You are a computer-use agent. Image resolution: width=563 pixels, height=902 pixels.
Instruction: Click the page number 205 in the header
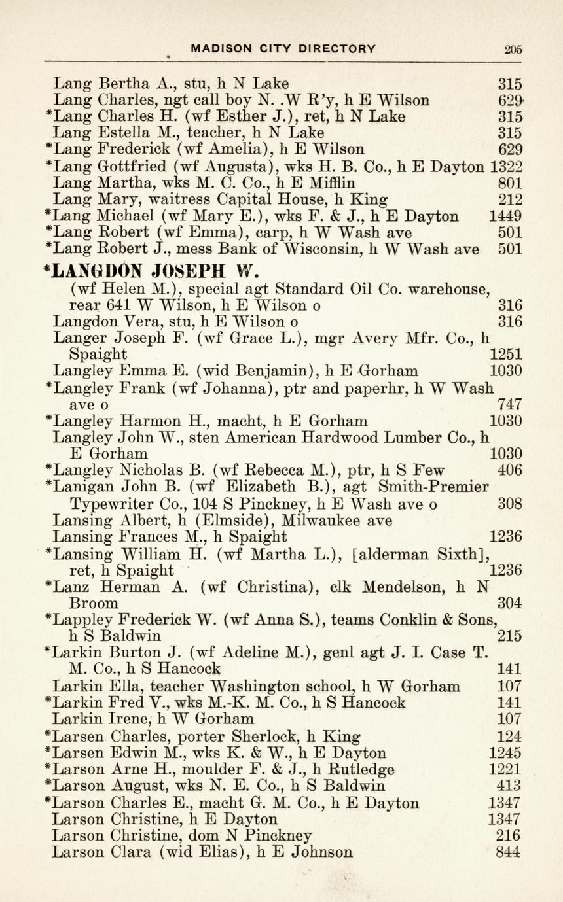(x=513, y=48)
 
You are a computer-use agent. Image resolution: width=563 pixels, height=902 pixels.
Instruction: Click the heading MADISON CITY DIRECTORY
(x=283, y=48)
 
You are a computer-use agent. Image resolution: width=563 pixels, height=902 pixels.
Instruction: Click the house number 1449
(x=506, y=216)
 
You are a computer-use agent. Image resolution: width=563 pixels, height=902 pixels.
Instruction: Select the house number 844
(x=509, y=852)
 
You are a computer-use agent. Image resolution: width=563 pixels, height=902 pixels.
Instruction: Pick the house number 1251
(x=506, y=355)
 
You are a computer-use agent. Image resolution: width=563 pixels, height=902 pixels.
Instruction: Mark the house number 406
(x=509, y=470)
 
